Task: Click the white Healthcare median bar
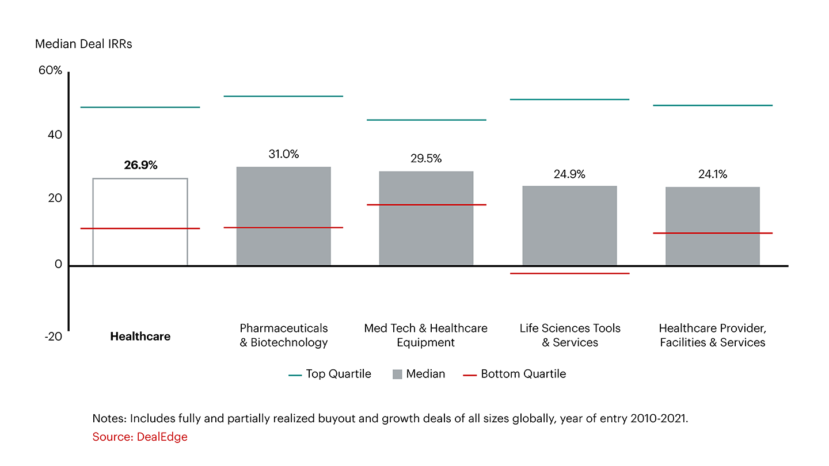pos(140,221)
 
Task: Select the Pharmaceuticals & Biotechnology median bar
pos(283,216)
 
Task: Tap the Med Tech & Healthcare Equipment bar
pos(426,218)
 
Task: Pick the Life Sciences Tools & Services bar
pos(569,225)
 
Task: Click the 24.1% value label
pos(713,174)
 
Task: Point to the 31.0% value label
pos(283,154)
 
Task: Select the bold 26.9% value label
pos(140,165)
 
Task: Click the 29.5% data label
pos(426,159)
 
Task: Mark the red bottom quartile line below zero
pos(569,273)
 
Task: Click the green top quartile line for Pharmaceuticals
pos(283,96)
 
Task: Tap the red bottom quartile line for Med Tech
pos(426,205)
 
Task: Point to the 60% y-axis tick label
pos(50,71)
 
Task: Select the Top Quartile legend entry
pos(330,374)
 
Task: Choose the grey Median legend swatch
pos(397,374)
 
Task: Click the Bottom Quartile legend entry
pos(515,374)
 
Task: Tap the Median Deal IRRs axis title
pos(83,44)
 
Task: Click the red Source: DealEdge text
pos(140,437)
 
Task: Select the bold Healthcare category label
pos(140,337)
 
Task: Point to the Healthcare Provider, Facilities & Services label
pos(712,335)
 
